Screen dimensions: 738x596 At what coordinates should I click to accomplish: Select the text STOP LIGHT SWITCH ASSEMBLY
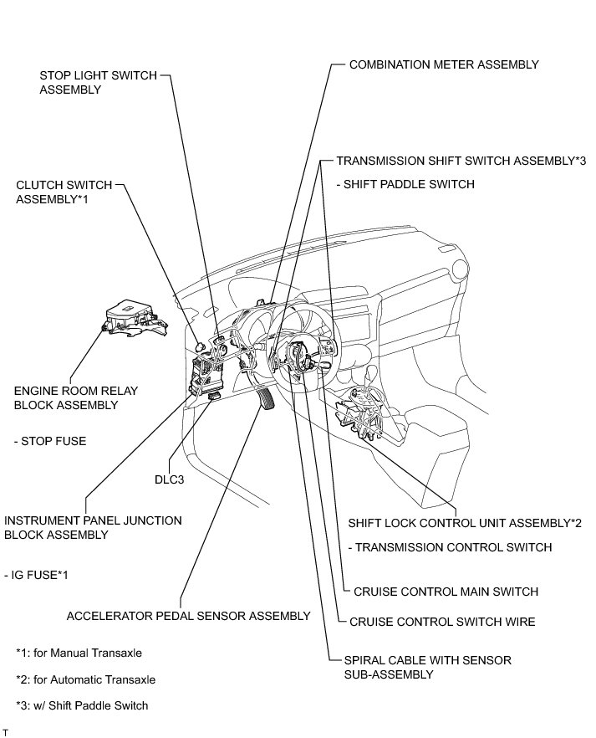tap(97, 82)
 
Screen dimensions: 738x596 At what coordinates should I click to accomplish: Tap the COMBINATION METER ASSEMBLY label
tap(444, 64)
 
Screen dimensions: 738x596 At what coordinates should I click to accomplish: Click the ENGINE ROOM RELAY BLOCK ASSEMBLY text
tap(76, 397)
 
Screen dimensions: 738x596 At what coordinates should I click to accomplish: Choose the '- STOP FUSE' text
tap(50, 441)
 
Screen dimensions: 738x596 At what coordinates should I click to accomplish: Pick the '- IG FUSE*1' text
tap(39, 576)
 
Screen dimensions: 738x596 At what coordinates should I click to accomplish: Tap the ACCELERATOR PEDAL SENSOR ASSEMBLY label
tap(188, 616)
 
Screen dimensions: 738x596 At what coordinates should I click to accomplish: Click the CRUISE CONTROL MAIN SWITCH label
tap(446, 592)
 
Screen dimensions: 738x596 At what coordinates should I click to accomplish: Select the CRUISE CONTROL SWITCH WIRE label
tap(442, 622)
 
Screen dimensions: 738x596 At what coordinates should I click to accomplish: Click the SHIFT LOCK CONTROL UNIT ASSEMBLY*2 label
tap(465, 523)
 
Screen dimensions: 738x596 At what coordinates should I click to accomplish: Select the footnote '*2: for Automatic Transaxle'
tap(86, 679)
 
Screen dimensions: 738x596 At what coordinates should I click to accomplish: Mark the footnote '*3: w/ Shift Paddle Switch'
tap(82, 705)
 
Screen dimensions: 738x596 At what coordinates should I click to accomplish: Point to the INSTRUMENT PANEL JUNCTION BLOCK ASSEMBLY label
tap(93, 527)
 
